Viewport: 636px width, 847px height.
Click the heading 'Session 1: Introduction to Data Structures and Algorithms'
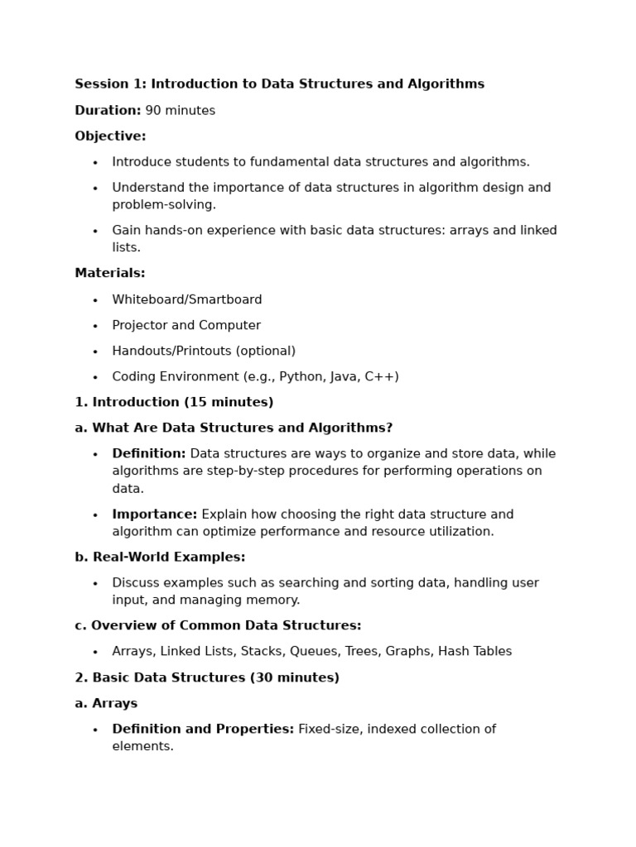tap(279, 84)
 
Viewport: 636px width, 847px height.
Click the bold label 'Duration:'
tap(108, 111)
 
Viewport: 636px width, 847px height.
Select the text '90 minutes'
tap(180, 111)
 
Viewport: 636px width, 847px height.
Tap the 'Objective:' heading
tap(110, 136)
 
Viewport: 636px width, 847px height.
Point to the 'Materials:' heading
tap(109, 273)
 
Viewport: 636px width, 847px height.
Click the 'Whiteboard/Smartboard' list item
tap(186, 299)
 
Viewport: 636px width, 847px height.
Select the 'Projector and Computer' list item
tap(186, 325)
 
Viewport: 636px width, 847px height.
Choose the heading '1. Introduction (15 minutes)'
tap(174, 403)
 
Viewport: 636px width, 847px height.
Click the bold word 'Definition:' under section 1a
tap(149, 454)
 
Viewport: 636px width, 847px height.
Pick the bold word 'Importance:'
tap(155, 514)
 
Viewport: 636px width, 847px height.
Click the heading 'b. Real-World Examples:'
tap(160, 557)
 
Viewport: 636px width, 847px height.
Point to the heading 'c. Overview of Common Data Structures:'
tap(218, 625)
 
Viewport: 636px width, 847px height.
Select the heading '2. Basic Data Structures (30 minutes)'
tap(207, 678)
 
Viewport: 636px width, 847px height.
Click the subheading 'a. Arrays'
tap(106, 704)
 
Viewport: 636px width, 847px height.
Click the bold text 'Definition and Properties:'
tap(203, 730)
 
